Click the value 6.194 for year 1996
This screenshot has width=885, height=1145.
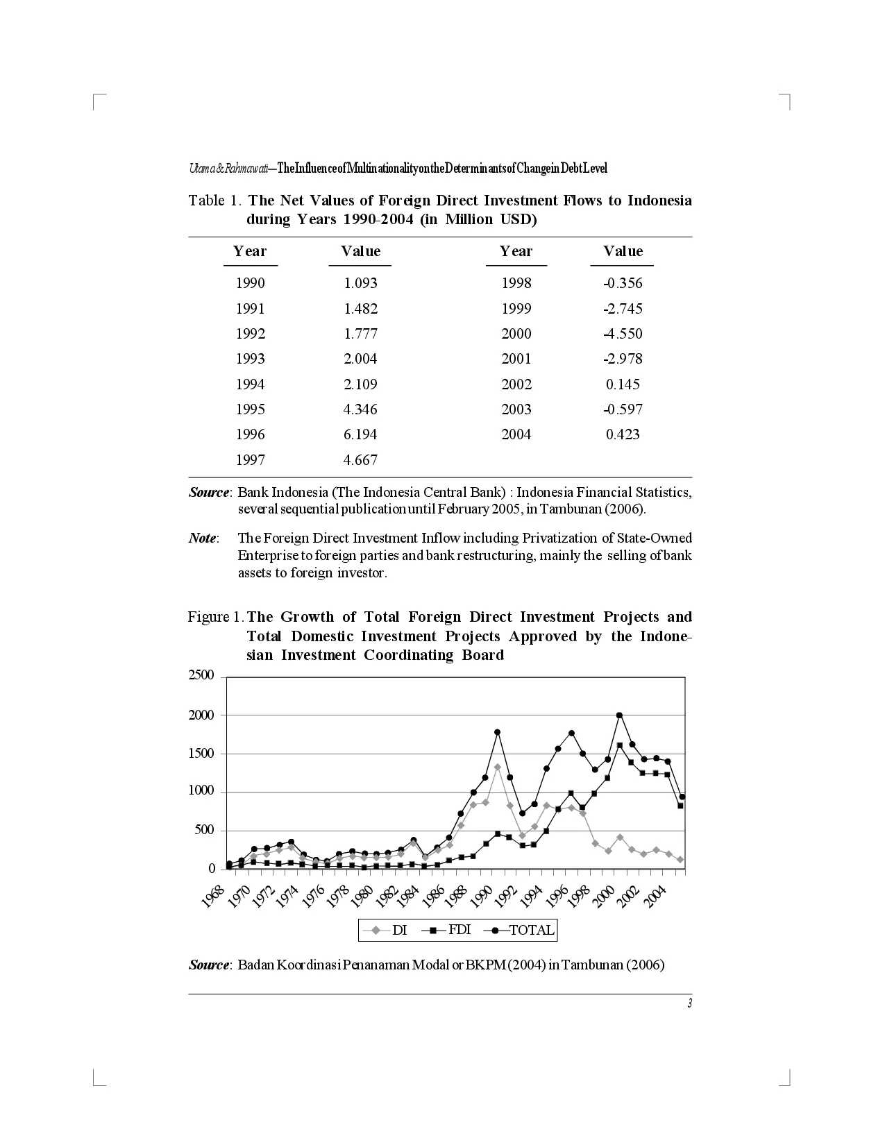pyautogui.click(x=360, y=434)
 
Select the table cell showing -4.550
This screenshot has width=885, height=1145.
pyautogui.click(x=623, y=334)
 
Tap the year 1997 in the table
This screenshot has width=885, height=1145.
pyautogui.click(x=250, y=460)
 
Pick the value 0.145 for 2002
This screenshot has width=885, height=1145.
pyautogui.click(x=623, y=384)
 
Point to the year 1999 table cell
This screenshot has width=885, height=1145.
pyautogui.click(x=516, y=309)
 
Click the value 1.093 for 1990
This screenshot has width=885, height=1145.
pyautogui.click(x=360, y=283)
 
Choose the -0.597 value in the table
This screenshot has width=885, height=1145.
pyautogui.click(x=623, y=409)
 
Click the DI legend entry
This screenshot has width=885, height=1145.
pyautogui.click(x=399, y=931)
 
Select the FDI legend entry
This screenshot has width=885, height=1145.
pyautogui.click(x=459, y=931)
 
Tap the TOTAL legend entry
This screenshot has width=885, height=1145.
pyautogui.click(x=532, y=931)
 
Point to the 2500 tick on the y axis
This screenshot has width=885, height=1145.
pyautogui.click(x=203, y=677)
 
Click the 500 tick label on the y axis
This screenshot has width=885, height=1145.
pyautogui.click(x=206, y=831)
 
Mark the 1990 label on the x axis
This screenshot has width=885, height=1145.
pyautogui.click(x=480, y=897)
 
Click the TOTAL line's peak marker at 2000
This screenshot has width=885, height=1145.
pyautogui.click(x=619, y=715)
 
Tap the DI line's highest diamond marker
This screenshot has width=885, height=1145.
pyautogui.click(x=498, y=767)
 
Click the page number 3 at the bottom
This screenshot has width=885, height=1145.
pyautogui.click(x=689, y=1003)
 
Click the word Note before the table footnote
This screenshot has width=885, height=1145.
pyautogui.click(x=203, y=538)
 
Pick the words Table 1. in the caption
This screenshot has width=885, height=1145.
pyautogui.click(x=215, y=201)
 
